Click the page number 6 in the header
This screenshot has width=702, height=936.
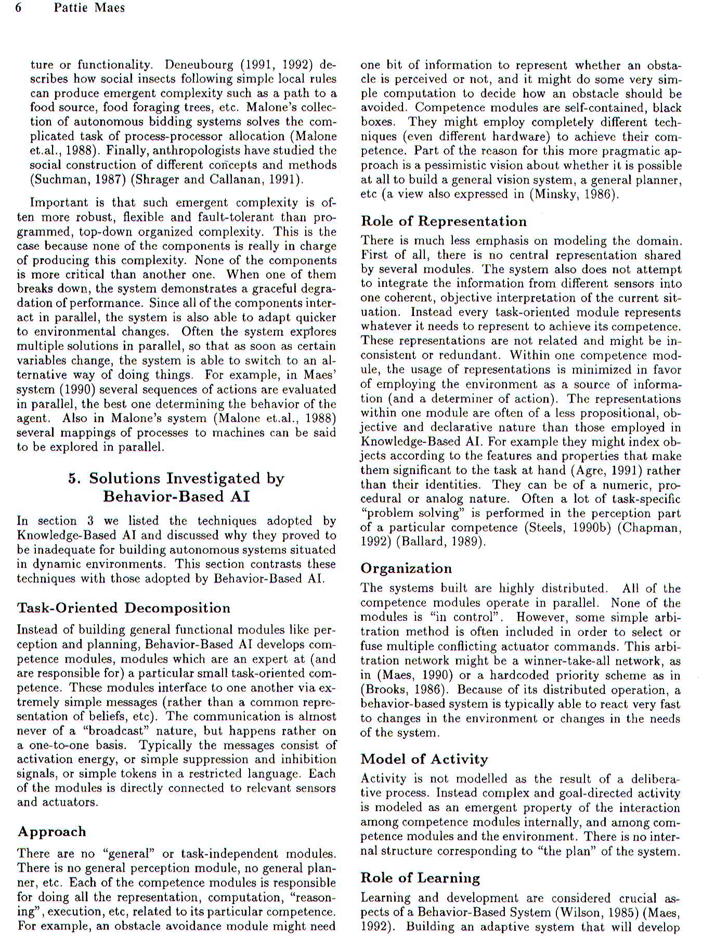(19, 8)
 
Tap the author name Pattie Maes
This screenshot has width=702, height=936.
(89, 8)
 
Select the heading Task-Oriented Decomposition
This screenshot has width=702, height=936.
(124, 608)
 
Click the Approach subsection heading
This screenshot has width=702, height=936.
(52, 831)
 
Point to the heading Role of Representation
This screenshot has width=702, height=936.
(444, 222)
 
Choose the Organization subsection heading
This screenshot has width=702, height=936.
(406, 568)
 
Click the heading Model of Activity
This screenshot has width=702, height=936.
(424, 759)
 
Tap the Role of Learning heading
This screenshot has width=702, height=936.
(420, 878)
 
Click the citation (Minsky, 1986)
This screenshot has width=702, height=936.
(577, 194)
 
